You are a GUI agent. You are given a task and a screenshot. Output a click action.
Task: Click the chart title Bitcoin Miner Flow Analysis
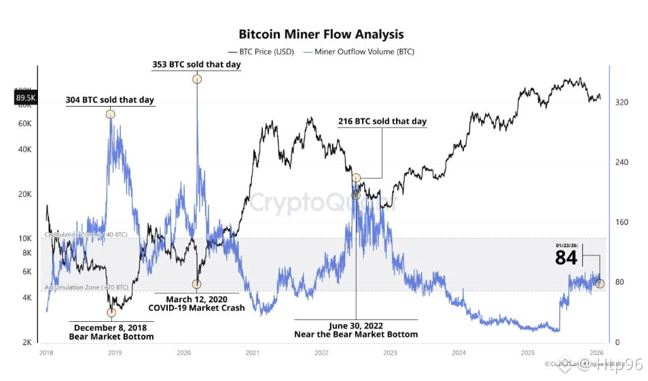[x=321, y=34]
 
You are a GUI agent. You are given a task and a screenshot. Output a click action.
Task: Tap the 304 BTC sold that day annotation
[x=109, y=100]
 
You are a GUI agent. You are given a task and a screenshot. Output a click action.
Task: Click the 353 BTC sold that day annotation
[x=196, y=65]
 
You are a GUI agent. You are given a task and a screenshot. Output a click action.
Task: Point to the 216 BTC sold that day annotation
[x=382, y=122]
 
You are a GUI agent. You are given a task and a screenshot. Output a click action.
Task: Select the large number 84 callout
[x=566, y=258]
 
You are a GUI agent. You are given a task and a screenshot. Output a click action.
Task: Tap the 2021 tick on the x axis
[x=253, y=353]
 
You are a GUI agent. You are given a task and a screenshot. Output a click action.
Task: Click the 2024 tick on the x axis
[x=458, y=353]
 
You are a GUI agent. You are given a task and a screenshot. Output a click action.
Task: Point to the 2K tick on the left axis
[x=26, y=342]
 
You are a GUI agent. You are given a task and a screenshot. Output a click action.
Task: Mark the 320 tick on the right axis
[x=622, y=103]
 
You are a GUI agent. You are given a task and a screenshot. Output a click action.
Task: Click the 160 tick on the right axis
[x=622, y=222]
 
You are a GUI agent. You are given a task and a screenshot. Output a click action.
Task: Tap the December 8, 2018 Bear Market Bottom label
[x=111, y=331]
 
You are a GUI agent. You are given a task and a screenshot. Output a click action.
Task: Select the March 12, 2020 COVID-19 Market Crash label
[x=196, y=303]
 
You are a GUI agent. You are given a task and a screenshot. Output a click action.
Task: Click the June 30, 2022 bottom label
[x=355, y=329]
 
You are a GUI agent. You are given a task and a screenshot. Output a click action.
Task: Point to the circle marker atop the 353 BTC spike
[x=197, y=79]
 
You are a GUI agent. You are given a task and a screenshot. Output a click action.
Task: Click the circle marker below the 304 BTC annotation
[x=110, y=114]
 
